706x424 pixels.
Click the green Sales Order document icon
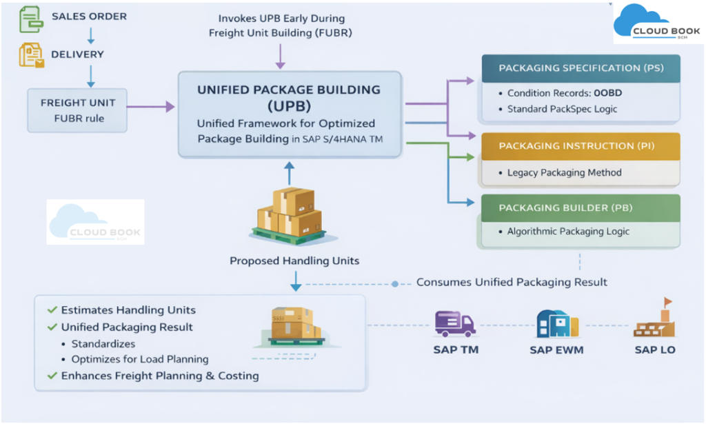pos(30,17)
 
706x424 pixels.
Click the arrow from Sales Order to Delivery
pos(90,35)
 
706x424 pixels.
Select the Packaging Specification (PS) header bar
pos(581,68)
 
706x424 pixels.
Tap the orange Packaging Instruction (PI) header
pos(581,146)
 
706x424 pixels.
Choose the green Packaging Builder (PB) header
pos(581,207)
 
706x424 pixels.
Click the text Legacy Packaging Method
pos(564,172)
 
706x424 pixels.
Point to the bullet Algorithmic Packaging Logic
pos(568,232)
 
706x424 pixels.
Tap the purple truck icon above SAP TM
pos(455,323)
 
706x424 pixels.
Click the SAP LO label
pos(654,350)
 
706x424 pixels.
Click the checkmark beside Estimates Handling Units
pos(52,310)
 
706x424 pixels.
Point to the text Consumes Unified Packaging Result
pos(512,282)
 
